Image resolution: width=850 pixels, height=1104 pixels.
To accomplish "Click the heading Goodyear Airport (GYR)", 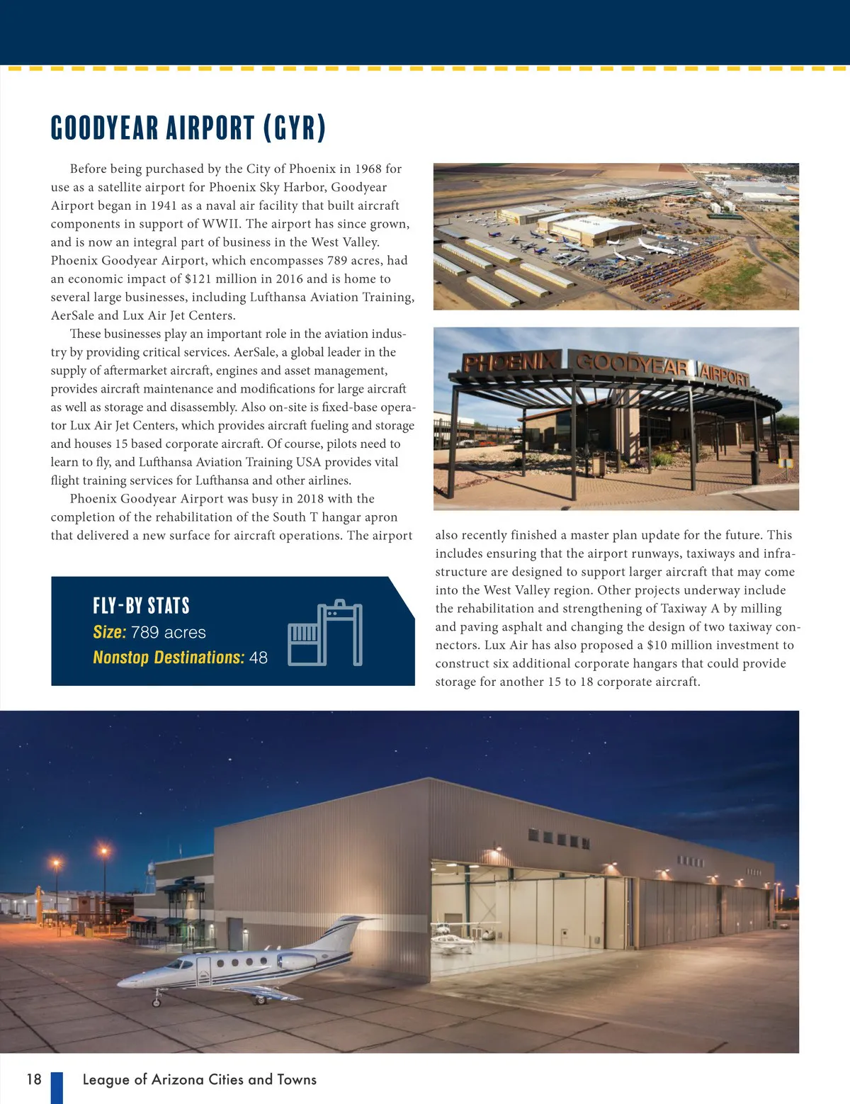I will (188, 128).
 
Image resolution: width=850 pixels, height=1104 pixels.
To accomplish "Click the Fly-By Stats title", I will (141, 606).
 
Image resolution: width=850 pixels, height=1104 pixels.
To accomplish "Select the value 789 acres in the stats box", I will (169, 632).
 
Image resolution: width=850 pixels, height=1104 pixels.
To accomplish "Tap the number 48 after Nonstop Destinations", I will (259, 658).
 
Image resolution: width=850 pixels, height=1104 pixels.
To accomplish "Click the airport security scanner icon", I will (325, 633).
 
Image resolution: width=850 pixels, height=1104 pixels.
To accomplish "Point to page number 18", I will (34, 1079).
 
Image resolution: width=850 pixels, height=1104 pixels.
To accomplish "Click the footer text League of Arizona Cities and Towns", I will (199, 1079).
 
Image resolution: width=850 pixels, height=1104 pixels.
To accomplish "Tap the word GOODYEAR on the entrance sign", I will (632, 364).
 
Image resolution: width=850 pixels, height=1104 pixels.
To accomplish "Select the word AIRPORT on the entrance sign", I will (724, 376).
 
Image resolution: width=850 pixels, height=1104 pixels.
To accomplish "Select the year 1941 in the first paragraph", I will (164, 205).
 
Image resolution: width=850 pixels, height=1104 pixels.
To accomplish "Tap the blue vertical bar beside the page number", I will (57, 1087).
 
